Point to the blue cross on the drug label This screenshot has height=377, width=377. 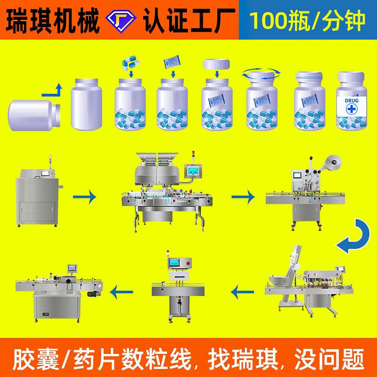[x=351, y=109]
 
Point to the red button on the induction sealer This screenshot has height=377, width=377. [x=190, y=263]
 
